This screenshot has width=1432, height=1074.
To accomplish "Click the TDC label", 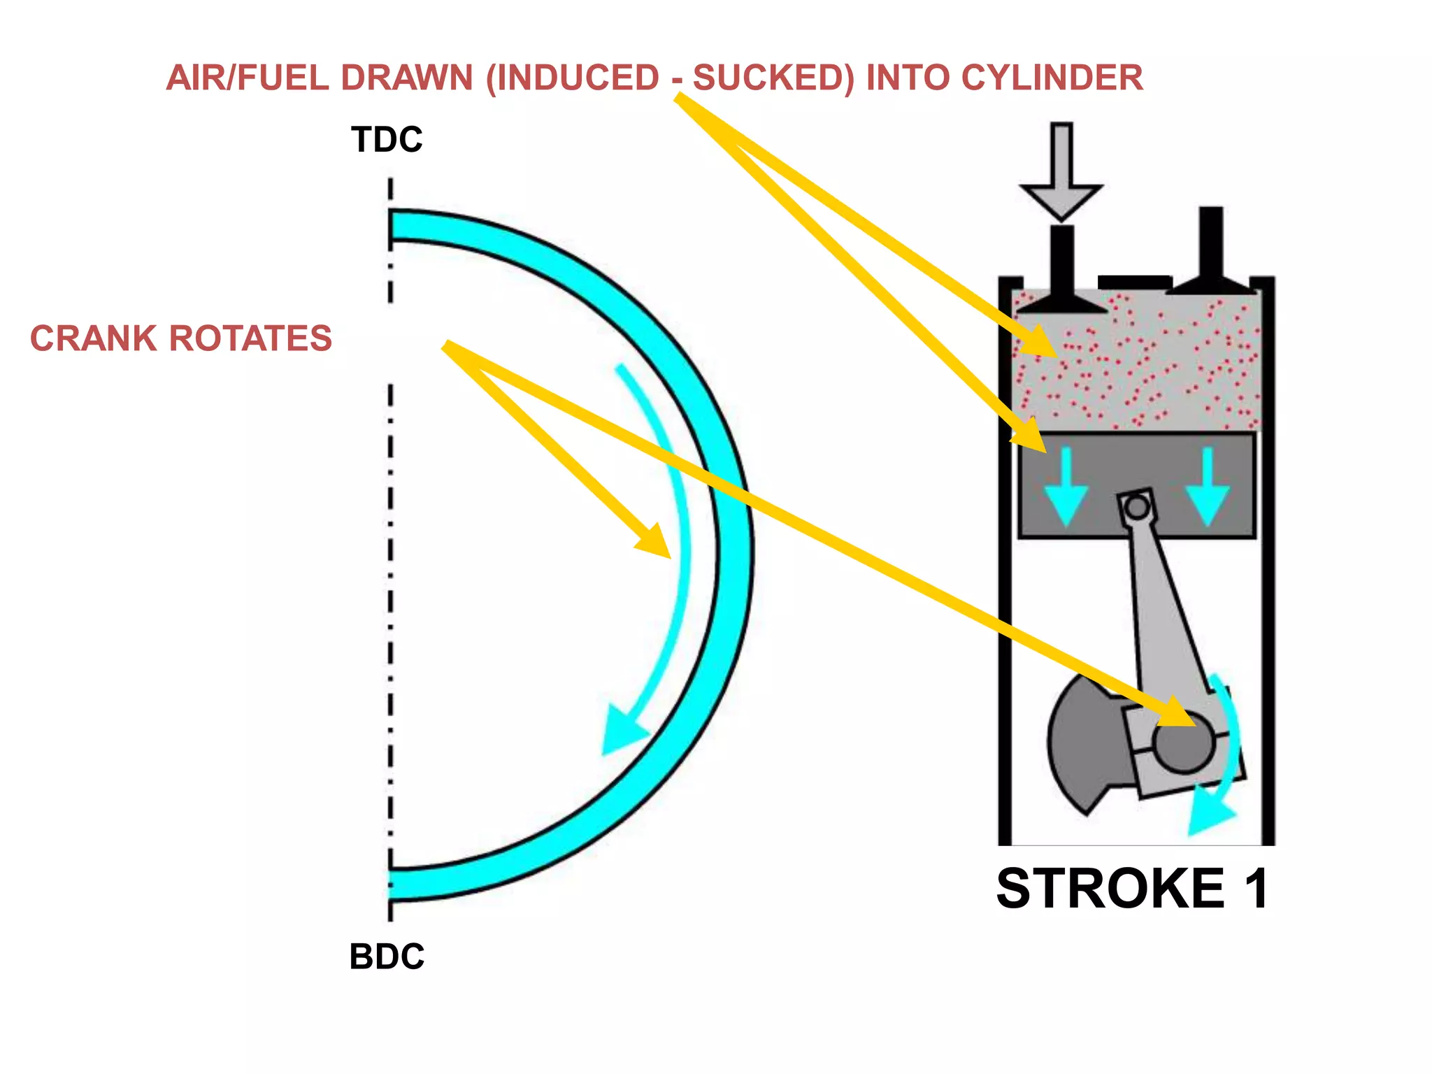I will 387,140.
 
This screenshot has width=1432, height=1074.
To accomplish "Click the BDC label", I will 387,956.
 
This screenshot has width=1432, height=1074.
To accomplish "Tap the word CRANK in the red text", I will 94,338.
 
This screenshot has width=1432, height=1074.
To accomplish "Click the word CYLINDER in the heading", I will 1052,78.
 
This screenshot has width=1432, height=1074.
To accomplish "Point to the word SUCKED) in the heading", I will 773,78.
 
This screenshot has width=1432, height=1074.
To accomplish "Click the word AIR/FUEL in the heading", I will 248,78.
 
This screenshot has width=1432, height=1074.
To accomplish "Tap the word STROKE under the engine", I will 1110,889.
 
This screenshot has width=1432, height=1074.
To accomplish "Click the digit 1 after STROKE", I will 1256,889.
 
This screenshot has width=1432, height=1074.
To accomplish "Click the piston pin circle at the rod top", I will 1138,506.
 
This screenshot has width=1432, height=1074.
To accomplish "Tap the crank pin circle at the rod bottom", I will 1183,743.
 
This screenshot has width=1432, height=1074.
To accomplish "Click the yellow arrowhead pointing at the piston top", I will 1031,437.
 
